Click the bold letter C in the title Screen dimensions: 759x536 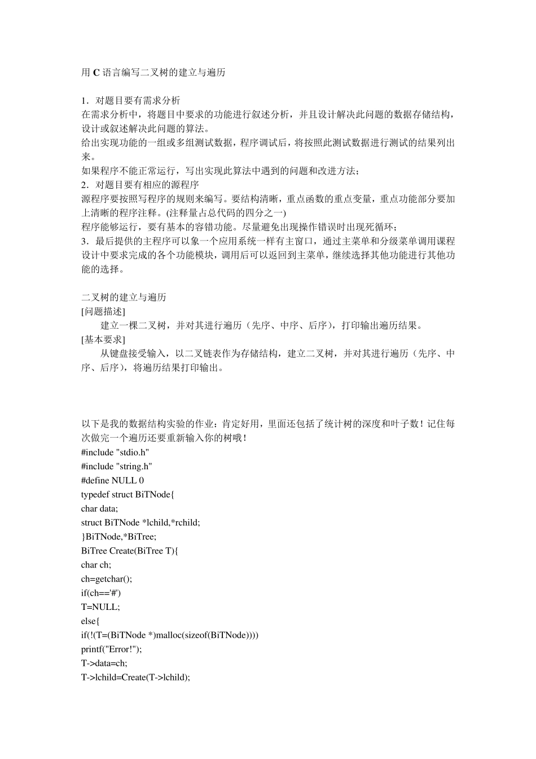pyautogui.click(x=96, y=73)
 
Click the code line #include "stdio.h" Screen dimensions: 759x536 pyautogui.click(x=115, y=452)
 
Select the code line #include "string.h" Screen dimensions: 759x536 pyautogui.click(x=117, y=466)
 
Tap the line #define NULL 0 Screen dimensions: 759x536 pyautogui.click(x=112, y=481)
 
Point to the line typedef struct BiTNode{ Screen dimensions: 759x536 pyautogui.click(x=128, y=495)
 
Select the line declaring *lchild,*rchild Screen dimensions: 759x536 pyautogui.click(x=140, y=523)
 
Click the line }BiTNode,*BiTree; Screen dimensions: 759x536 pyautogui.click(x=118, y=537)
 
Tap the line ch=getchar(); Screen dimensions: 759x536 pyautogui.click(x=106, y=579)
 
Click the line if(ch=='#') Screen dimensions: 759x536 pyautogui.click(x=101, y=593)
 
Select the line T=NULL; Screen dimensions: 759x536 pyautogui.click(x=100, y=607)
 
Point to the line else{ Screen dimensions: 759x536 pyautogui.click(x=90, y=621)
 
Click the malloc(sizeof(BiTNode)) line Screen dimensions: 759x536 pyautogui.click(x=170, y=635)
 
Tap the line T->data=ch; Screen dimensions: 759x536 pyautogui.click(x=104, y=664)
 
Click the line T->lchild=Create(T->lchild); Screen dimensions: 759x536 pyautogui.click(x=135, y=678)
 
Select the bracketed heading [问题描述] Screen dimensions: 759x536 pyautogui.click(x=103, y=312)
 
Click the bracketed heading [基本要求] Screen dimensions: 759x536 pyautogui.click(x=103, y=340)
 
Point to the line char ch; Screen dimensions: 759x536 pyautogui.click(x=96, y=565)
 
